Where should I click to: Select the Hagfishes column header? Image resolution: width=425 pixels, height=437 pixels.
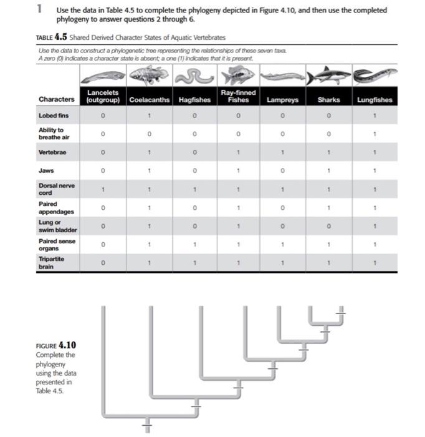point(194,100)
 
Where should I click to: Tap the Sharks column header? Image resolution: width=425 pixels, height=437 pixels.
point(328,100)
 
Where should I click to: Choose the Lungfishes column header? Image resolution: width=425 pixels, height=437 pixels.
point(375,100)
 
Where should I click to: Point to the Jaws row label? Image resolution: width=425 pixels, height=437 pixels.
point(47,170)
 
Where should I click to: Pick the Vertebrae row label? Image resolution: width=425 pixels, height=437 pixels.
point(52,152)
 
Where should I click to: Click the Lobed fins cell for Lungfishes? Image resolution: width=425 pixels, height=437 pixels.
point(375,115)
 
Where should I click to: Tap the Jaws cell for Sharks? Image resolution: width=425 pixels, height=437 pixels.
point(328,170)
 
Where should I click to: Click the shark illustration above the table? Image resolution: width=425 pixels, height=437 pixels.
point(328,77)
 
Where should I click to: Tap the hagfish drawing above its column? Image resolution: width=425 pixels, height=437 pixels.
point(194,77)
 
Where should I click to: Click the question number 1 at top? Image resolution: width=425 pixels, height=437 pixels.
point(39,10)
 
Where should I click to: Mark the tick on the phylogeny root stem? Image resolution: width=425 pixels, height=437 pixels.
point(148,427)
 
